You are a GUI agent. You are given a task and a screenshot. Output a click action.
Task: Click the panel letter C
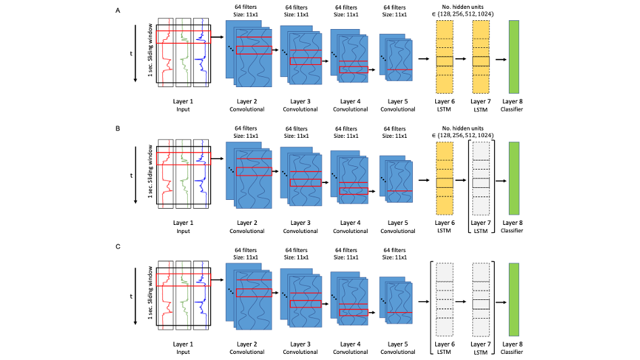[x=119, y=247]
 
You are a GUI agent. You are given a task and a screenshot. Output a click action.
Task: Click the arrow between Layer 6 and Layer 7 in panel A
[x=462, y=59]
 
